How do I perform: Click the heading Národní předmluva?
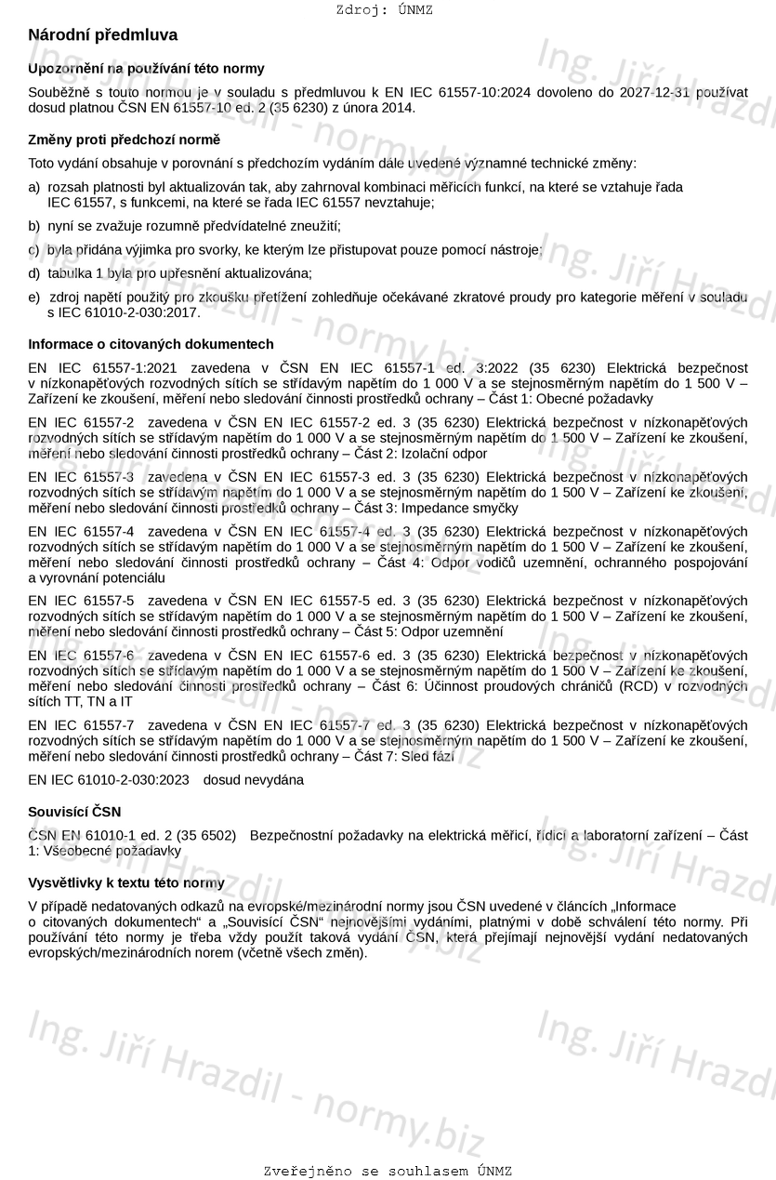(x=102, y=35)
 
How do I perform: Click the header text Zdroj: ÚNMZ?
(x=384, y=10)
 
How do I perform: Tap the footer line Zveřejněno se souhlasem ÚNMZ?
(x=388, y=1172)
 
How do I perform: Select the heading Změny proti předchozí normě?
(x=124, y=139)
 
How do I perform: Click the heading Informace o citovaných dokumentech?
(x=151, y=344)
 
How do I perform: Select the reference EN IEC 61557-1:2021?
(x=103, y=368)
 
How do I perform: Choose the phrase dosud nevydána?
(x=254, y=780)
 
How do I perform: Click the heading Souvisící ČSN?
(x=74, y=812)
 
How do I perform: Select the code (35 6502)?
(x=205, y=836)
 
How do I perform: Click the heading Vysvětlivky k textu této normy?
(x=125, y=882)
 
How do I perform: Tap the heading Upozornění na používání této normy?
(x=146, y=68)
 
